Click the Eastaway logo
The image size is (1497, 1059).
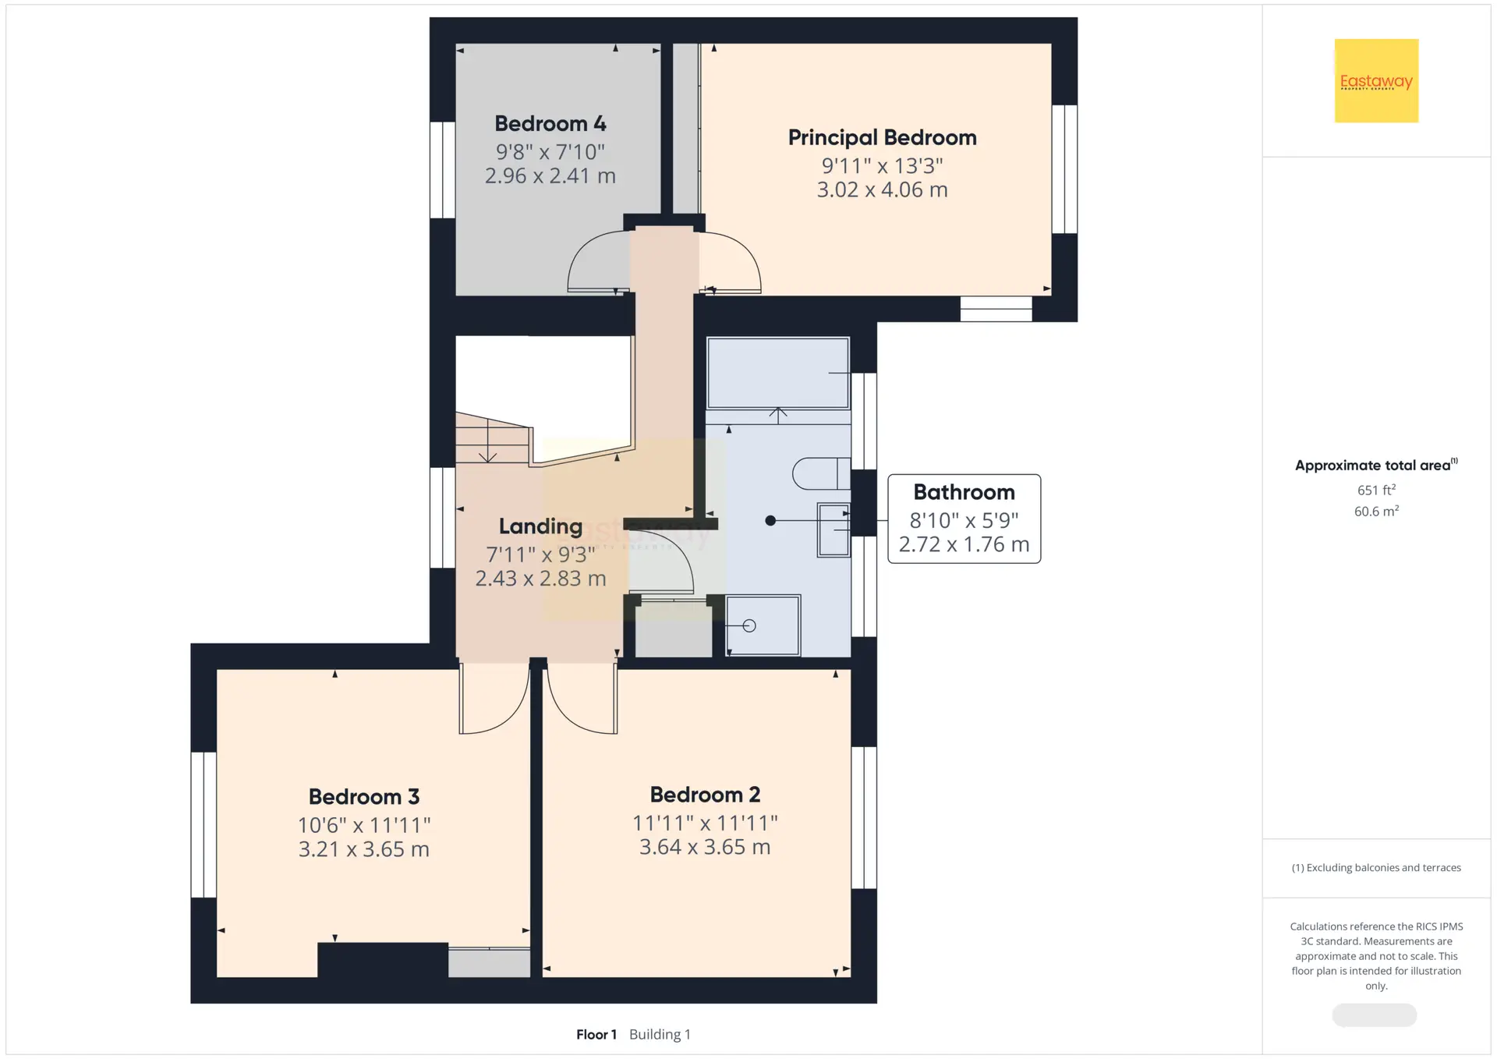1376,80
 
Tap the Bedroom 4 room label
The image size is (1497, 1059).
550,123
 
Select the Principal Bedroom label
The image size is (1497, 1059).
882,137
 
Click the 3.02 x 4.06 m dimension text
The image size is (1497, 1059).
882,189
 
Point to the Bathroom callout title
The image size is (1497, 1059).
964,492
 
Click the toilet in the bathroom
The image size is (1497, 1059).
821,473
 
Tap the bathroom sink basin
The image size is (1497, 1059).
833,529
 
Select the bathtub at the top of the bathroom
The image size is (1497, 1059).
777,373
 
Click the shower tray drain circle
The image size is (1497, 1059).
749,625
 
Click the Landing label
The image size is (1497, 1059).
540,526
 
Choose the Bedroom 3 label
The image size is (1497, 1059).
363,796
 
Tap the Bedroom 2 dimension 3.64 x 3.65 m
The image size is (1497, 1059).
705,847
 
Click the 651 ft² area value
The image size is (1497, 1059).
1376,490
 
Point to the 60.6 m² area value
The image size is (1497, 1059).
1376,511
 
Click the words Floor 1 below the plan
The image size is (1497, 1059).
596,1034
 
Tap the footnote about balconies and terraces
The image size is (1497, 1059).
1376,867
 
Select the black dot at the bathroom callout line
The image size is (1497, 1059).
770,520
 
